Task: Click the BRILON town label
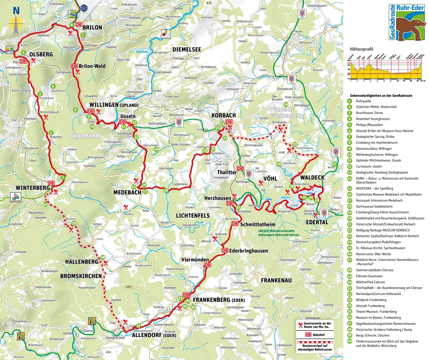click(x=92, y=27)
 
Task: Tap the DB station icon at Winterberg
click(x=51, y=183)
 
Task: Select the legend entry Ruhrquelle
click(x=363, y=101)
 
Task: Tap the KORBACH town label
click(x=224, y=115)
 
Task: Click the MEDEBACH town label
click(x=127, y=192)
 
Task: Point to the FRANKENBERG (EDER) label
click(x=219, y=300)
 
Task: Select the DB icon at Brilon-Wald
click(x=74, y=66)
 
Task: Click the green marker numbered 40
click(x=45, y=204)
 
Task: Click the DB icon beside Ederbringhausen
click(x=225, y=251)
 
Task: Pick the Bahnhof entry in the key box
click(x=318, y=335)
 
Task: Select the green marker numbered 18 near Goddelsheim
click(x=166, y=190)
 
